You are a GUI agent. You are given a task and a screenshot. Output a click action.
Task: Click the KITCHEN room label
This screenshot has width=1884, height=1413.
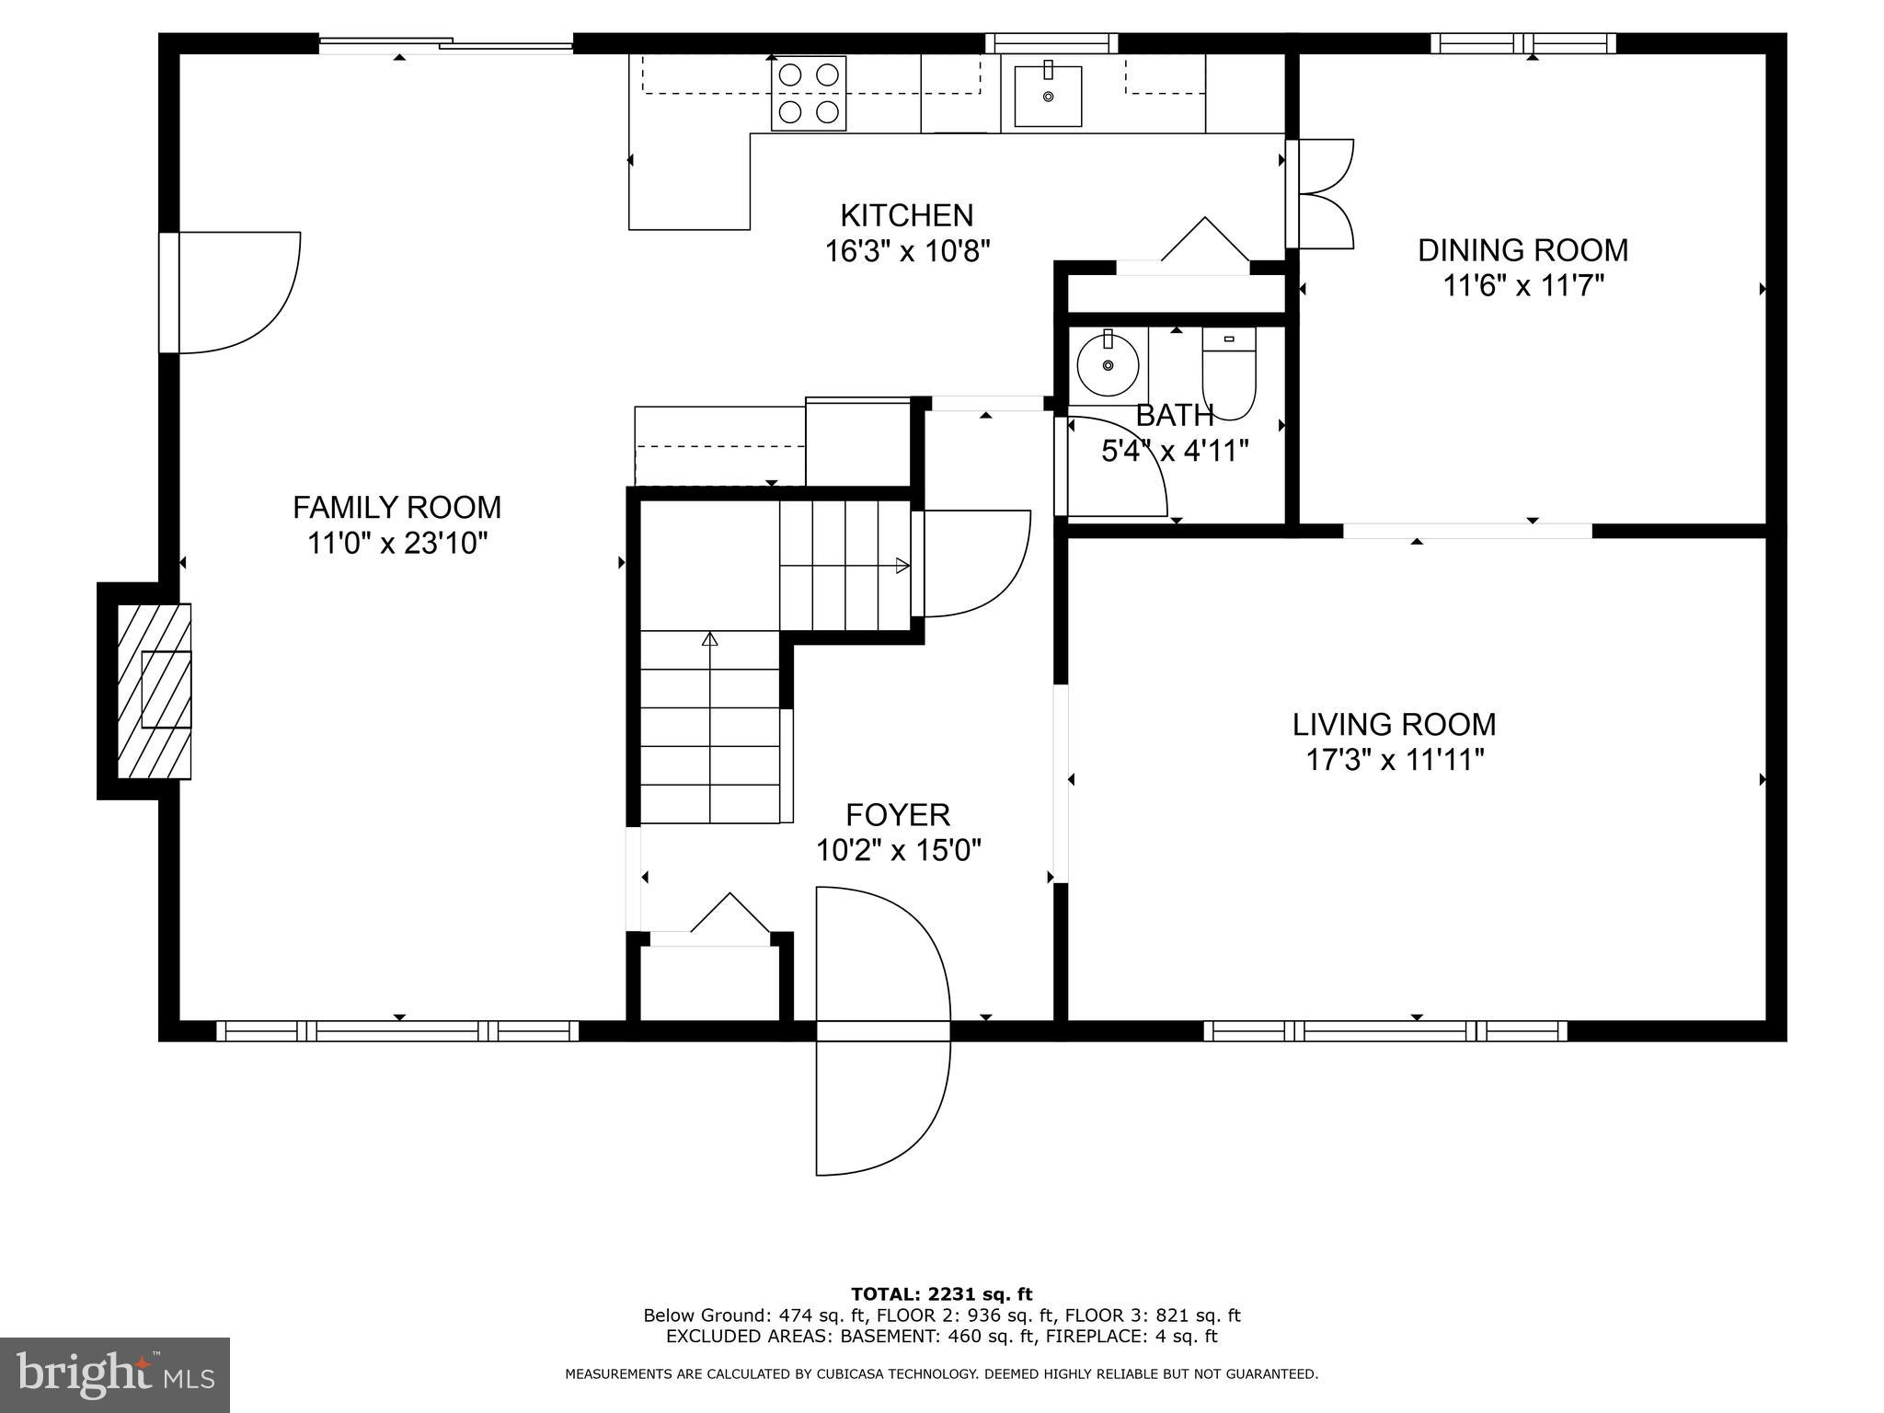(x=906, y=215)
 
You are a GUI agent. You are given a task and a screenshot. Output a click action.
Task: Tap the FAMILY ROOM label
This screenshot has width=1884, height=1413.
(x=396, y=507)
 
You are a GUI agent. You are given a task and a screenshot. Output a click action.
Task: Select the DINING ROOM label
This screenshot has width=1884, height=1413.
(x=1522, y=250)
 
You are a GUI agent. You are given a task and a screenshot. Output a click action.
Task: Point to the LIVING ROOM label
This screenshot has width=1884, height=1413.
(x=1394, y=725)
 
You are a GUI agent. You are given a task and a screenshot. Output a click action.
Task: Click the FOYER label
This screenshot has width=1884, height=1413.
(x=898, y=815)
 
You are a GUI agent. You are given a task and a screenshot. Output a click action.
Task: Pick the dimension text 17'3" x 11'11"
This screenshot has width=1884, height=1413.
(x=1395, y=761)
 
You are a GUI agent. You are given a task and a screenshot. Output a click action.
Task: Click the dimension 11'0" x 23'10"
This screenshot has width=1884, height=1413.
(x=396, y=544)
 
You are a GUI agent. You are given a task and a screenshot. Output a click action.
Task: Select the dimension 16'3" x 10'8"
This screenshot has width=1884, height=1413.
(x=907, y=251)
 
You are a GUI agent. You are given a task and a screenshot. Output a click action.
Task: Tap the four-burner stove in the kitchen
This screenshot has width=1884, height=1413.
(x=808, y=94)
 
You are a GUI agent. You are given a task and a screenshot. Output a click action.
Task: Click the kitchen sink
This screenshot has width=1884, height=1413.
(x=1048, y=96)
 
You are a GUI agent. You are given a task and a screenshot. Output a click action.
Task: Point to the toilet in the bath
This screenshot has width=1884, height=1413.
(x=1229, y=373)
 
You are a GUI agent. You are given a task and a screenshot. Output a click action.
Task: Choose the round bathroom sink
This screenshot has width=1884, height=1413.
(x=1108, y=365)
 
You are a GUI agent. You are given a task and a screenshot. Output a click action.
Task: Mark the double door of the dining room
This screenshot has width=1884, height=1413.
(x=1320, y=194)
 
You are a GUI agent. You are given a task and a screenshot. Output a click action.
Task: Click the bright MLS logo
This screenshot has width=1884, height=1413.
(x=115, y=1375)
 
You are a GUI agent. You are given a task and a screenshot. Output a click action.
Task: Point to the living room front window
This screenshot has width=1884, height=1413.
(x=1384, y=1031)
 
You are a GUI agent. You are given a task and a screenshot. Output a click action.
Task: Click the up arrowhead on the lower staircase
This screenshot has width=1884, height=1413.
(x=709, y=638)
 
